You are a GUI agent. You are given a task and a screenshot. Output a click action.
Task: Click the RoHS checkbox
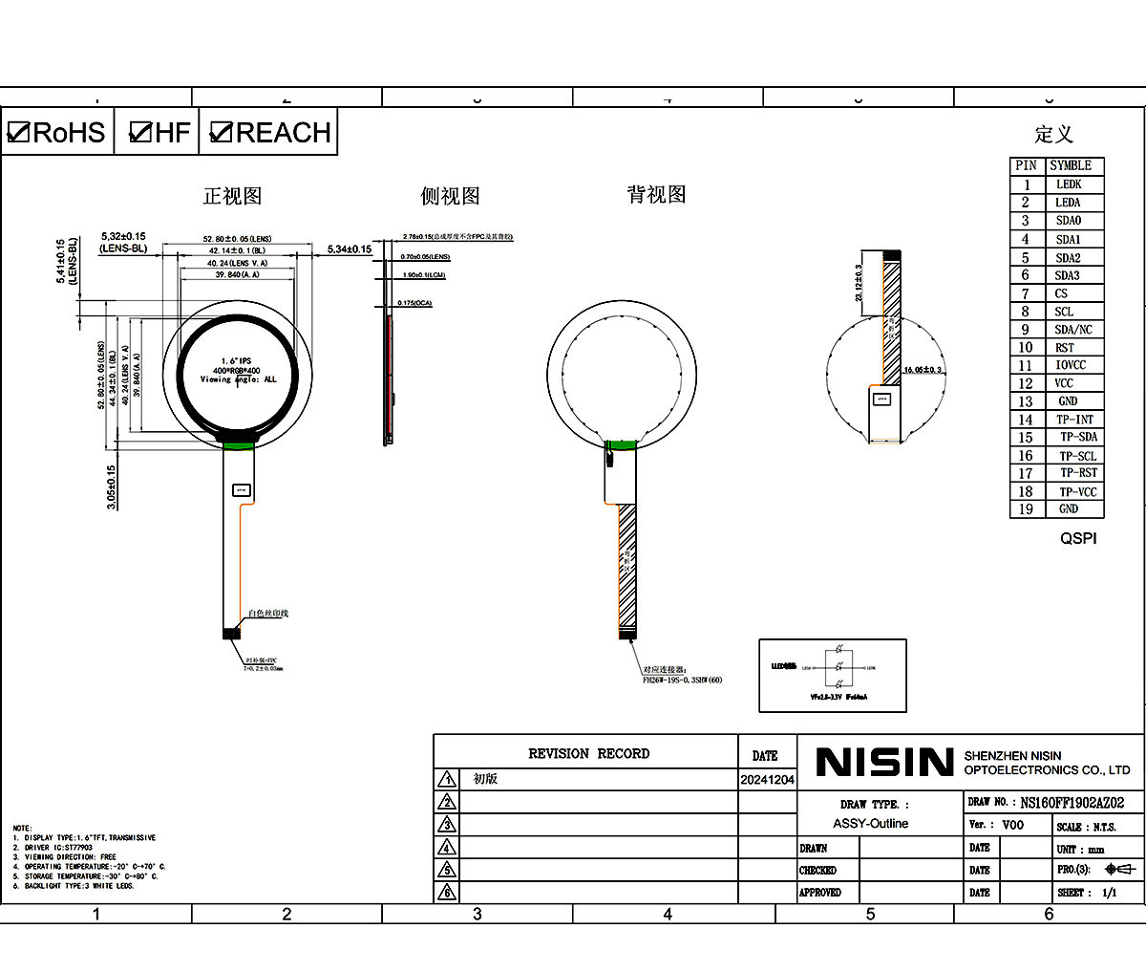[19, 132]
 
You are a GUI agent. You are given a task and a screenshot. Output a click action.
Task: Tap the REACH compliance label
[283, 132]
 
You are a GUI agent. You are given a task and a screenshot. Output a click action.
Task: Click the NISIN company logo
[884, 762]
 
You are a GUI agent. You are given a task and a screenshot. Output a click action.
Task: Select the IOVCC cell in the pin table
[1070, 365]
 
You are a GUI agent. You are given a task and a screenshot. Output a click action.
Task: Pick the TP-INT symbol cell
[1074, 420]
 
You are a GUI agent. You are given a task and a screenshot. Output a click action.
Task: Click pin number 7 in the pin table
[1026, 293]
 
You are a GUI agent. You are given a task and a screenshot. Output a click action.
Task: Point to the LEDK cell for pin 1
[1069, 184]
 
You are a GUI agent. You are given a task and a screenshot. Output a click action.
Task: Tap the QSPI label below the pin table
[1078, 538]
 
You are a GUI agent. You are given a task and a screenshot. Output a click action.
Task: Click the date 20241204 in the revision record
[767, 780]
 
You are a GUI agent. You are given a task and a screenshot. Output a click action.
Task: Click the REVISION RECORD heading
[588, 754]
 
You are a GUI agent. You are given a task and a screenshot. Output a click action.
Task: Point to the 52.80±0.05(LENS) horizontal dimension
[237, 239]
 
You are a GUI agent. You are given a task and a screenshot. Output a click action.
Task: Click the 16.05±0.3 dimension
[923, 370]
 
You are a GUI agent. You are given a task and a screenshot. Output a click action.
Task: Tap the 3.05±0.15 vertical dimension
[111, 486]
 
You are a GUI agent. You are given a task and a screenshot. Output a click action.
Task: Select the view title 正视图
[232, 196]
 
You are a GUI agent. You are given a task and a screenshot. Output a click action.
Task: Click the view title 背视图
[656, 195]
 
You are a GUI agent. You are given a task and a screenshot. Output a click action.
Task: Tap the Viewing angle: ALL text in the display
[238, 379]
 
